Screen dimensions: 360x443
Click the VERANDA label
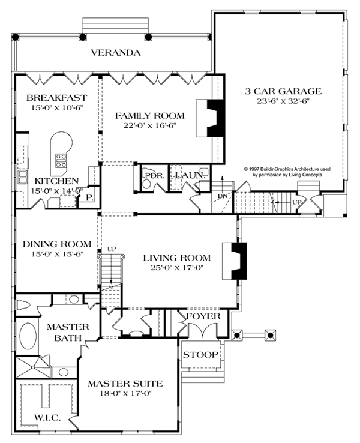pyautogui.click(x=116, y=53)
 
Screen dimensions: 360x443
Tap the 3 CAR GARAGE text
pyautogui.click(x=283, y=91)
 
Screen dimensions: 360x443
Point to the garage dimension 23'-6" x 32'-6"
pyautogui.click(x=283, y=101)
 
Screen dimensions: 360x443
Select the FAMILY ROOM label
pyautogui.click(x=150, y=116)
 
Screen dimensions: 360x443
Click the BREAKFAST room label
pyautogui.click(x=56, y=98)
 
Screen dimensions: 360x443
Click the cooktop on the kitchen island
pyautogui.click(x=61, y=160)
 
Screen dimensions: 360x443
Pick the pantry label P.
pyautogui.click(x=89, y=198)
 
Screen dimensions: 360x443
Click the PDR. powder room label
pyautogui.click(x=155, y=176)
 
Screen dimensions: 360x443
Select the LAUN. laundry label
pyautogui.click(x=190, y=175)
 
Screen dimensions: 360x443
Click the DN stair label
pyautogui.click(x=223, y=196)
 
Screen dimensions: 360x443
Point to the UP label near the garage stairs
pyautogui.click(x=296, y=202)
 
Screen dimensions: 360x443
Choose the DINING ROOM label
pyautogui.click(x=57, y=244)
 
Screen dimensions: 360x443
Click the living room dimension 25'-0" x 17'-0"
pyautogui.click(x=177, y=267)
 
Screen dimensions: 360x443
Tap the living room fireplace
pyautogui.click(x=234, y=261)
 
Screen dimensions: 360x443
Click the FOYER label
pyautogui.click(x=203, y=316)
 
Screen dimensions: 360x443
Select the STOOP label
pyautogui.click(x=200, y=355)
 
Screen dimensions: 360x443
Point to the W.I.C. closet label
pyautogui.click(x=47, y=418)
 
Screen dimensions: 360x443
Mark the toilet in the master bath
pyautogui.click(x=24, y=305)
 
